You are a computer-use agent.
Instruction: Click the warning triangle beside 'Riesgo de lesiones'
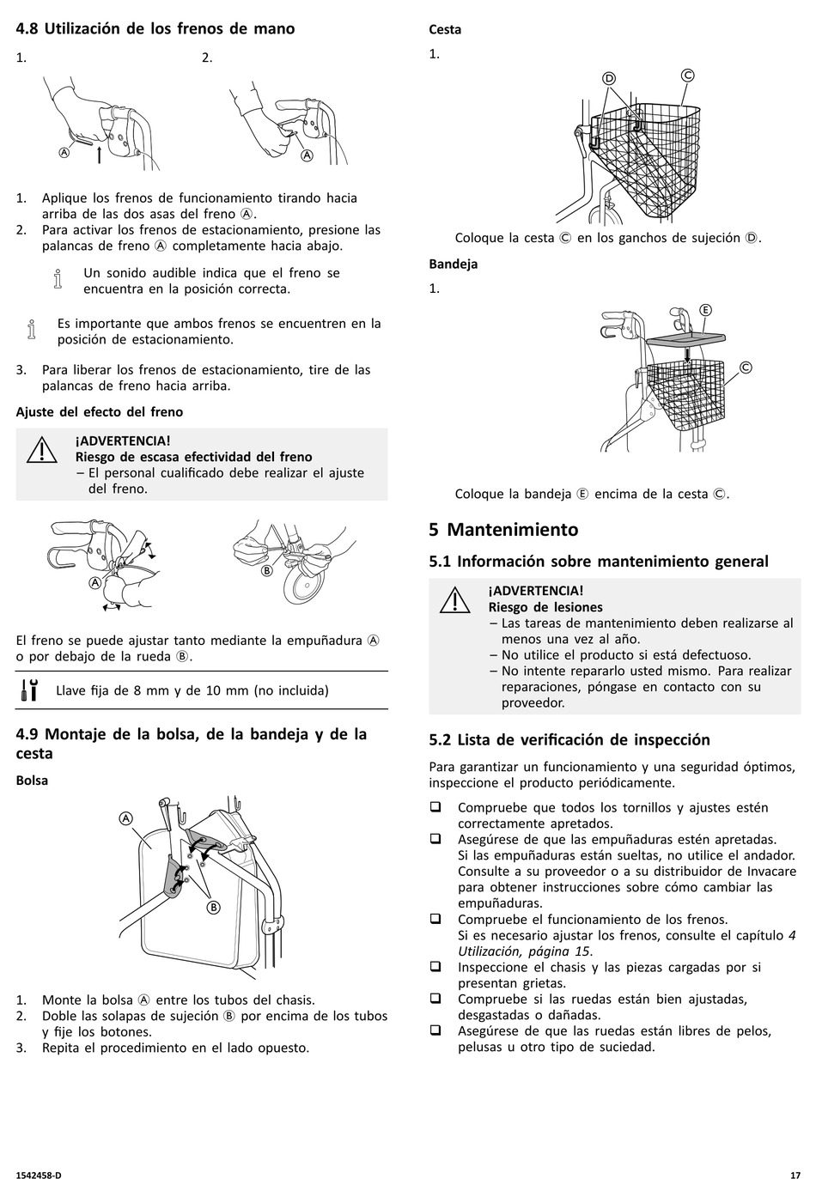click(x=455, y=600)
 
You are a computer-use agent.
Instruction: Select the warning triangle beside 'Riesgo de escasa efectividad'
click(x=42, y=450)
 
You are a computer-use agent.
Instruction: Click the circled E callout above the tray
click(x=705, y=310)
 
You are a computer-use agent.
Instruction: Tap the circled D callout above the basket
click(x=609, y=79)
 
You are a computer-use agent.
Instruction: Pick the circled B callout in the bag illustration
click(x=213, y=908)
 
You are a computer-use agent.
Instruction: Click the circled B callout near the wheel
click(x=267, y=570)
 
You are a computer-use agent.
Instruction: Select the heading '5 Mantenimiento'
click(x=503, y=530)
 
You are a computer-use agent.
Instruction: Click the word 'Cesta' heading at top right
click(x=445, y=29)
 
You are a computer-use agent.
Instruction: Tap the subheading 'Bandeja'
click(x=454, y=264)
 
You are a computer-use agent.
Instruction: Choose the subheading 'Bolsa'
click(x=32, y=780)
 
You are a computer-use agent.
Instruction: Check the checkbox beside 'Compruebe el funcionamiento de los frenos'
click(x=435, y=919)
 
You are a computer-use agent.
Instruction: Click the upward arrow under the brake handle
click(x=99, y=155)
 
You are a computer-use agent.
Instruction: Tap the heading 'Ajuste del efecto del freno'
click(x=100, y=412)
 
